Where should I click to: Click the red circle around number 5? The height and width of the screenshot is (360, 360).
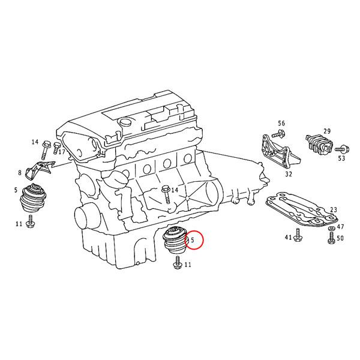coord(194,241)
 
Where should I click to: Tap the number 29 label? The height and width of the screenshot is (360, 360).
coord(327,131)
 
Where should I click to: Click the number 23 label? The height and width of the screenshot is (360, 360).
coord(334,209)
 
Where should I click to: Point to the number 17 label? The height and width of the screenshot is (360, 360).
coord(62,152)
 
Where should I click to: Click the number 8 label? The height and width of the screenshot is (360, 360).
coord(20,173)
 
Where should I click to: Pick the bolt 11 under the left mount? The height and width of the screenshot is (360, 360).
coord(31,224)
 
